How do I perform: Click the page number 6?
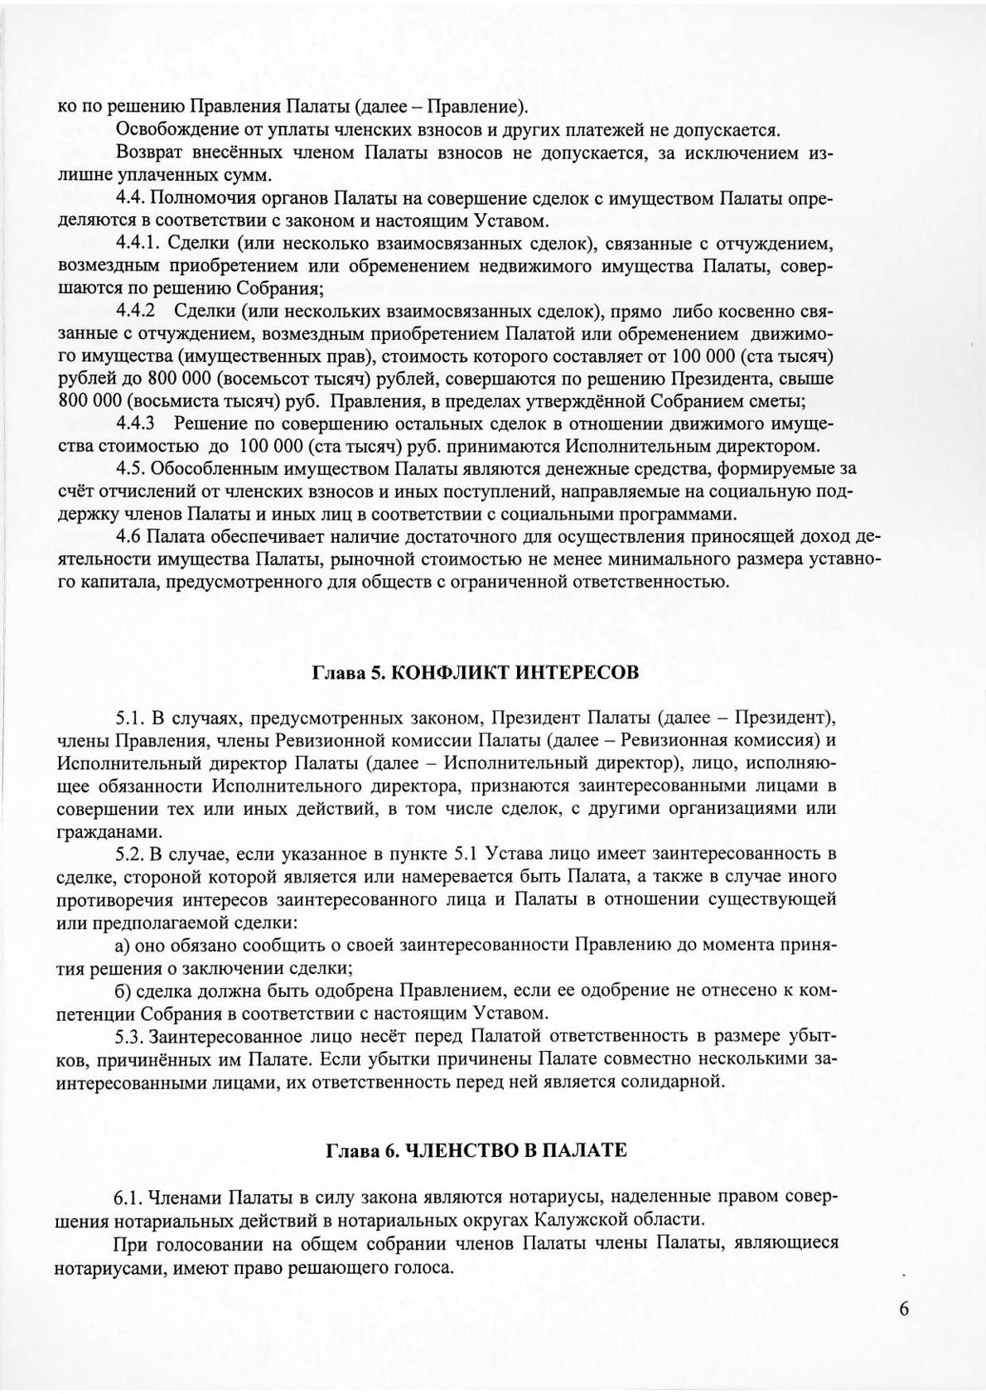[x=903, y=1309]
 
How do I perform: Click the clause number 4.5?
[x=131, y=468]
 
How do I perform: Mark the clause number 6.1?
[x=131, y=1198]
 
